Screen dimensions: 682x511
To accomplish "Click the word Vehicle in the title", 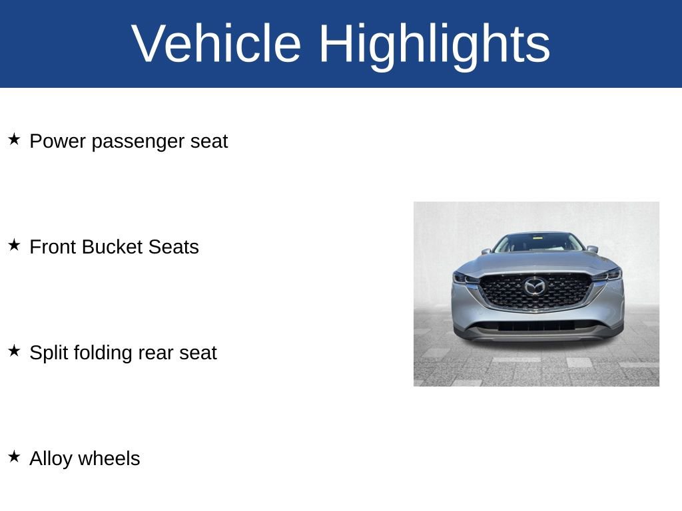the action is (x=216, y=43).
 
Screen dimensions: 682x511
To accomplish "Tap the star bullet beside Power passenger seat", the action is (x=15, y=140).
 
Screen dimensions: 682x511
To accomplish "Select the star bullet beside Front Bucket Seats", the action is (x=15, y=245).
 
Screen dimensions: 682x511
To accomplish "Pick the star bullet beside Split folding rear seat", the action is (x=15, y=351).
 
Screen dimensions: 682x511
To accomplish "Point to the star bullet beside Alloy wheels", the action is (x=15, y=456).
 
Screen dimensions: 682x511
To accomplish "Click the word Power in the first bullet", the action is (x=57, y=141).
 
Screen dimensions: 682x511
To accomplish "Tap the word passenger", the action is (x=139, y=142).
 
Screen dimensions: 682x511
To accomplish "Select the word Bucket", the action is (x=115, y=247).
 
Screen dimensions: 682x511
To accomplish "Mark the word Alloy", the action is (x=51, y=460).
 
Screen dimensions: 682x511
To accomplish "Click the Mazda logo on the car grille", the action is (x=535, y=287).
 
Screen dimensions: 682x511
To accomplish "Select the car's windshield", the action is (x=539, y=243).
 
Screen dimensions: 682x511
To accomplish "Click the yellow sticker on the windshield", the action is (x=539, y=237).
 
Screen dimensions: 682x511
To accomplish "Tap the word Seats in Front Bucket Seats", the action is (x=174, y=247).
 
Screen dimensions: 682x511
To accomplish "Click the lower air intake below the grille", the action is (x=536, y=326).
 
